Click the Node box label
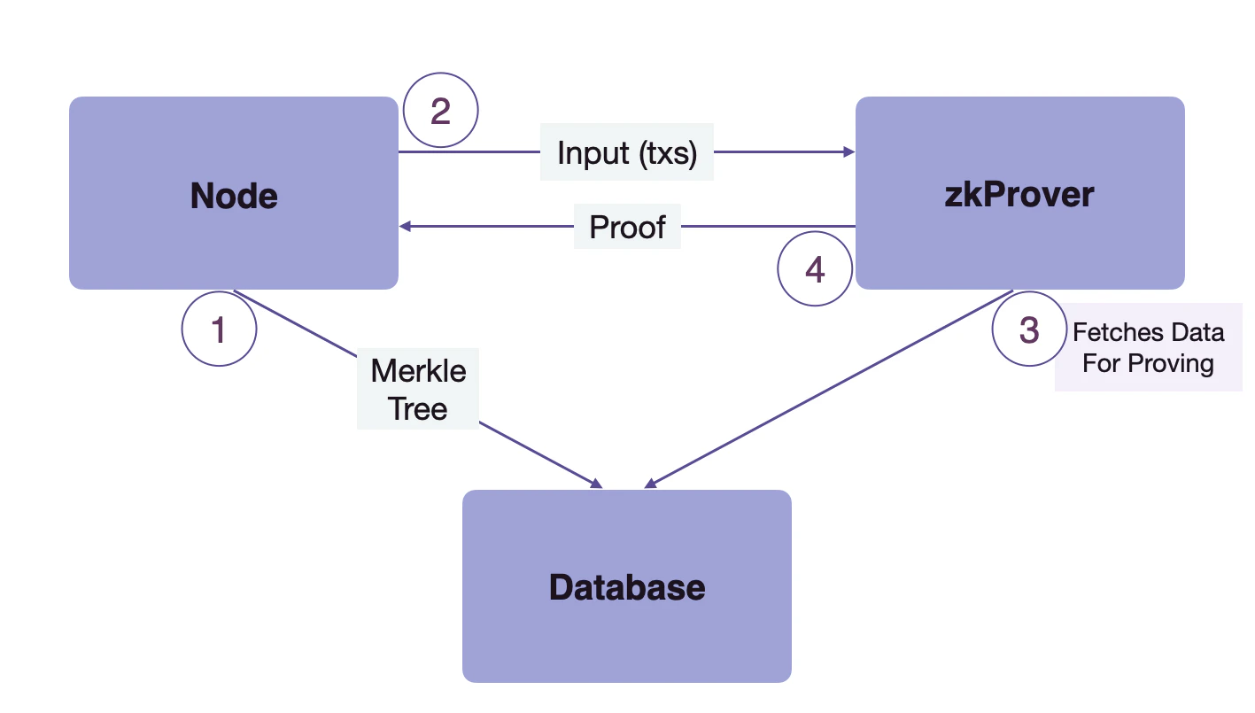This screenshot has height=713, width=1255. pos(234,196)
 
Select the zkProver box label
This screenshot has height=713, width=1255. pos(1019,194)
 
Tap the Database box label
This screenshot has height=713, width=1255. pos(627,587)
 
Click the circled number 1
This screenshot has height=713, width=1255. pos(219,329)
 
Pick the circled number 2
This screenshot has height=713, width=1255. pos(440,112)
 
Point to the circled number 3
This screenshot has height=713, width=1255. pos(1029,329)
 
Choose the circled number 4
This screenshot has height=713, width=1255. pos(815,269)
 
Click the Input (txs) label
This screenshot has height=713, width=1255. pos(627,152)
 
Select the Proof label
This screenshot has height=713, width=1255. pos(627,227)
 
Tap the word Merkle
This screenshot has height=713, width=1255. pos(418,370)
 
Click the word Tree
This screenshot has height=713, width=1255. pos(418,408)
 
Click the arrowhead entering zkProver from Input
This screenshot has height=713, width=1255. pos(849,152)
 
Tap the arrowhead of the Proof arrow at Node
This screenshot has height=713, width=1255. pos(406,227)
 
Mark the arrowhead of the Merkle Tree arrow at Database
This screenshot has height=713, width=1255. pos(597,484)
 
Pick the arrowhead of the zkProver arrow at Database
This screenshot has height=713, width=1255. pos(650,484)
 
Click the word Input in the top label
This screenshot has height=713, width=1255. pos(593,152)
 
